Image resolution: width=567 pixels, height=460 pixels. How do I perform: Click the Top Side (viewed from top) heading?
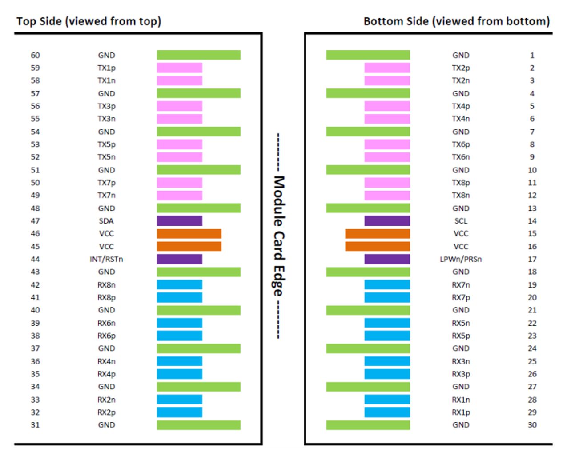pos(88,21)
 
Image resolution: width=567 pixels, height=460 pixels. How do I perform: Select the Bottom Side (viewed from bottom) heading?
pos(456,21)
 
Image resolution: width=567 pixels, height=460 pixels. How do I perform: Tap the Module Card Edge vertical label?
pos(278,236)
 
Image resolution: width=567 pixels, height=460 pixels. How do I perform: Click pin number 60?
pos(35,55)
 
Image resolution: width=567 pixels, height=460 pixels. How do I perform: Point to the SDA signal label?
pos(106,221)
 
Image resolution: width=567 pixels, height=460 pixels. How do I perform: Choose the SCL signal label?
pos(461,221)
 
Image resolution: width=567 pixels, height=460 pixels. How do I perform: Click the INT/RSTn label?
pos(106,259)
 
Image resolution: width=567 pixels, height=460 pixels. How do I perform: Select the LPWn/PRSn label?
pos(461,259)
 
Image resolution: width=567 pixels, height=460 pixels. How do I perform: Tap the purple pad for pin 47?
pos(179,221)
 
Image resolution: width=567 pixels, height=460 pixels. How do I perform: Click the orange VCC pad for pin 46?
pos(189,234)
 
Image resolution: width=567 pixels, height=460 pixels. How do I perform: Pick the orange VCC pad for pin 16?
pos(378,246)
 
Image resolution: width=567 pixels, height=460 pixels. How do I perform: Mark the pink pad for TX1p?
pos(179,68)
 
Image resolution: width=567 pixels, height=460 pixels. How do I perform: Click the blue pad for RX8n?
pos(179,285)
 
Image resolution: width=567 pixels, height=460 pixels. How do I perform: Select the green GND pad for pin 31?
pos(198,425)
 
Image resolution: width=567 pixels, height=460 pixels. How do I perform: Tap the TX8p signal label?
pos(461,183)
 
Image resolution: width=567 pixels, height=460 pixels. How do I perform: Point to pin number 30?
pos(532,425)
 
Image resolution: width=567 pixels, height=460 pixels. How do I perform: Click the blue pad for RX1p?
pos(387,412)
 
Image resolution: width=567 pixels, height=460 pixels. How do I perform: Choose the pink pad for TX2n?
pos(387,80)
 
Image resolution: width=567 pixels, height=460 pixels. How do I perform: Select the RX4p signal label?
pos(106,374)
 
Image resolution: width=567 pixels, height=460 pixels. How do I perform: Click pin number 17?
pos(532,259)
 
